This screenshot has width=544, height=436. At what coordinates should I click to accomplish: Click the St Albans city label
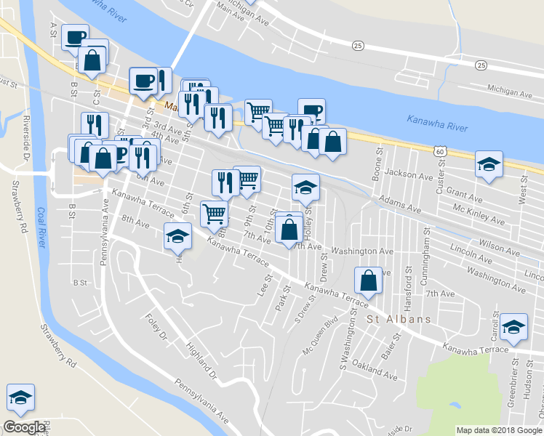pos(399,319)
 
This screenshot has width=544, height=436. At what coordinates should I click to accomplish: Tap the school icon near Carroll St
pos(513,326)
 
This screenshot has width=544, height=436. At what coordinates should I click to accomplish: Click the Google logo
pos(24,427)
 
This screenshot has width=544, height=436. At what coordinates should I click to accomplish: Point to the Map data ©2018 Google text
pos(499,430)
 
